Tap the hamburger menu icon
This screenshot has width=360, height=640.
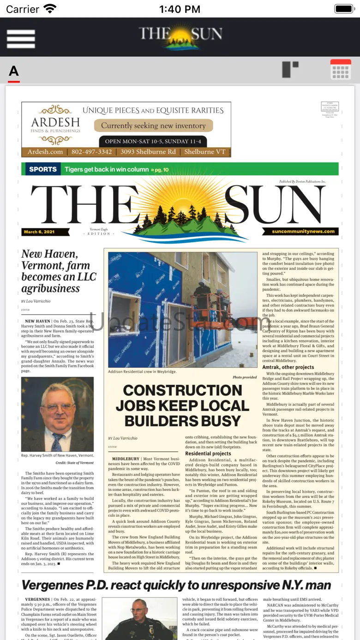click(x=21, y=39)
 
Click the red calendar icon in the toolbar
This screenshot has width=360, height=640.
click(x=341, y=70)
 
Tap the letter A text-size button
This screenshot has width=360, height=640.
click(x=14, y=72)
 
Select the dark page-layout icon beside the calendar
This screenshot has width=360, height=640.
click(x=290, y=69)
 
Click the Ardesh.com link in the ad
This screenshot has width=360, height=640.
click(x=45, y=152)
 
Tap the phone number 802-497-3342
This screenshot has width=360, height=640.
click(x=91, y=152)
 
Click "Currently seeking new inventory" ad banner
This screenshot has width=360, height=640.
click(x=153, y=126)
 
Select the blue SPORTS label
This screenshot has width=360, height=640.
click(x=43, y=169)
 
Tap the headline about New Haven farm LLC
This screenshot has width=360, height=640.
click(x=59, y=271)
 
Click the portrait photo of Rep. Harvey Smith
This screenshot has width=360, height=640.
click(x=57, y=414)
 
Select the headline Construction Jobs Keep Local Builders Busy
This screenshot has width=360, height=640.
click(x=182, y=406)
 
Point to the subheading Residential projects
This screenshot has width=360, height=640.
click(x=208, y=454)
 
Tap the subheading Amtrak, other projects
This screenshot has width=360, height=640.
click(x=288, y=367)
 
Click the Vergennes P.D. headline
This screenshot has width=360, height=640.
click(x=176, y=585)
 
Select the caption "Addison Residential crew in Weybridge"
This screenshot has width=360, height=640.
click(x=142, y=371)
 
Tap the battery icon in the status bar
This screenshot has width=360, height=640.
click(x=344, y=9)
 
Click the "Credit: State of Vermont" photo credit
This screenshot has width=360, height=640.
click(x=74, y=462)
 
